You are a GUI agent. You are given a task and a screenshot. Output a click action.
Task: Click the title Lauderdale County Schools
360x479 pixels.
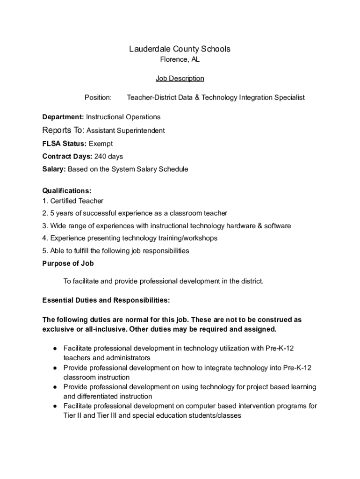point(180,49)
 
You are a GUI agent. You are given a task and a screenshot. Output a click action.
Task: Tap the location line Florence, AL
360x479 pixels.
point(180,59)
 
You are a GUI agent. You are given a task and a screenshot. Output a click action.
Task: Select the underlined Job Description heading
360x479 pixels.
point(180,78)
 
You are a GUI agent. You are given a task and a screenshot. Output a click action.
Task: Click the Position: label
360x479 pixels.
point(98,97)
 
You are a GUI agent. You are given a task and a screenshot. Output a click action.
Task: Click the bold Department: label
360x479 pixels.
point(63,117)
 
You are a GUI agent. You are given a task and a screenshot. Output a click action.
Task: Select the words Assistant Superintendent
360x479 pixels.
point(126,131)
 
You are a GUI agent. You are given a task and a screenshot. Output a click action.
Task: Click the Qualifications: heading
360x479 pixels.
point(67,191)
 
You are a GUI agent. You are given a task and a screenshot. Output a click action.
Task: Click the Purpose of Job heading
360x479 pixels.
point(68,263)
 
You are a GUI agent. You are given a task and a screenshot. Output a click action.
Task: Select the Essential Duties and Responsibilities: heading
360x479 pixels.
point(106,299)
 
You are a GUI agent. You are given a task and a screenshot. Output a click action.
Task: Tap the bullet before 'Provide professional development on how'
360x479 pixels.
point(55,368)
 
